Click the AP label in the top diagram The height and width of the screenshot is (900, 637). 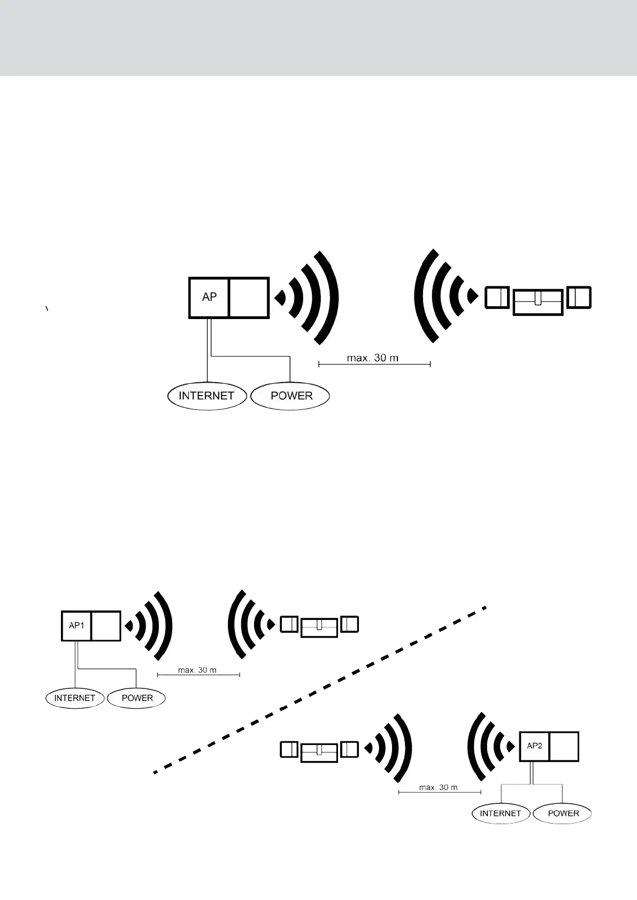click(209, 297)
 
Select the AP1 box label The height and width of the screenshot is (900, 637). click(76, 625)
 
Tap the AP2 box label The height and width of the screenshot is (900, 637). click(534, 746)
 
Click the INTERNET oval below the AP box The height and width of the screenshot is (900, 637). click(206, 396)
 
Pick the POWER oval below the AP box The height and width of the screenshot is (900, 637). click(291, 396)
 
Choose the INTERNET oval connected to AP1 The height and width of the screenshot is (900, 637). click(74, 698)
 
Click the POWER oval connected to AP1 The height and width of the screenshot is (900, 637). click(137, 698)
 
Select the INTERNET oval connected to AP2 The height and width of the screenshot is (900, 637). click(500, 813)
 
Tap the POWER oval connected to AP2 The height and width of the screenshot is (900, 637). click(563, 813)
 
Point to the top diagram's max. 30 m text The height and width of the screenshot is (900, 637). click(373, 358)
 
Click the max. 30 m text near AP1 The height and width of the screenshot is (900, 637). click(197, 670)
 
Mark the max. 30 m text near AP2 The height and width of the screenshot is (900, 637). click(439, 787)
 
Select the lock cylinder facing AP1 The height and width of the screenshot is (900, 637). click(319, 626)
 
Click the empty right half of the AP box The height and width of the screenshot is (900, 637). click(249, 298)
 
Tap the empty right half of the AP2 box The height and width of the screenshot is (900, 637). click(564, 747)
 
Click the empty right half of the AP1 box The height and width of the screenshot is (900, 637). click(106, 626)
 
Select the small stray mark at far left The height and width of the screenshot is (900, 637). click(47, 308)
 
